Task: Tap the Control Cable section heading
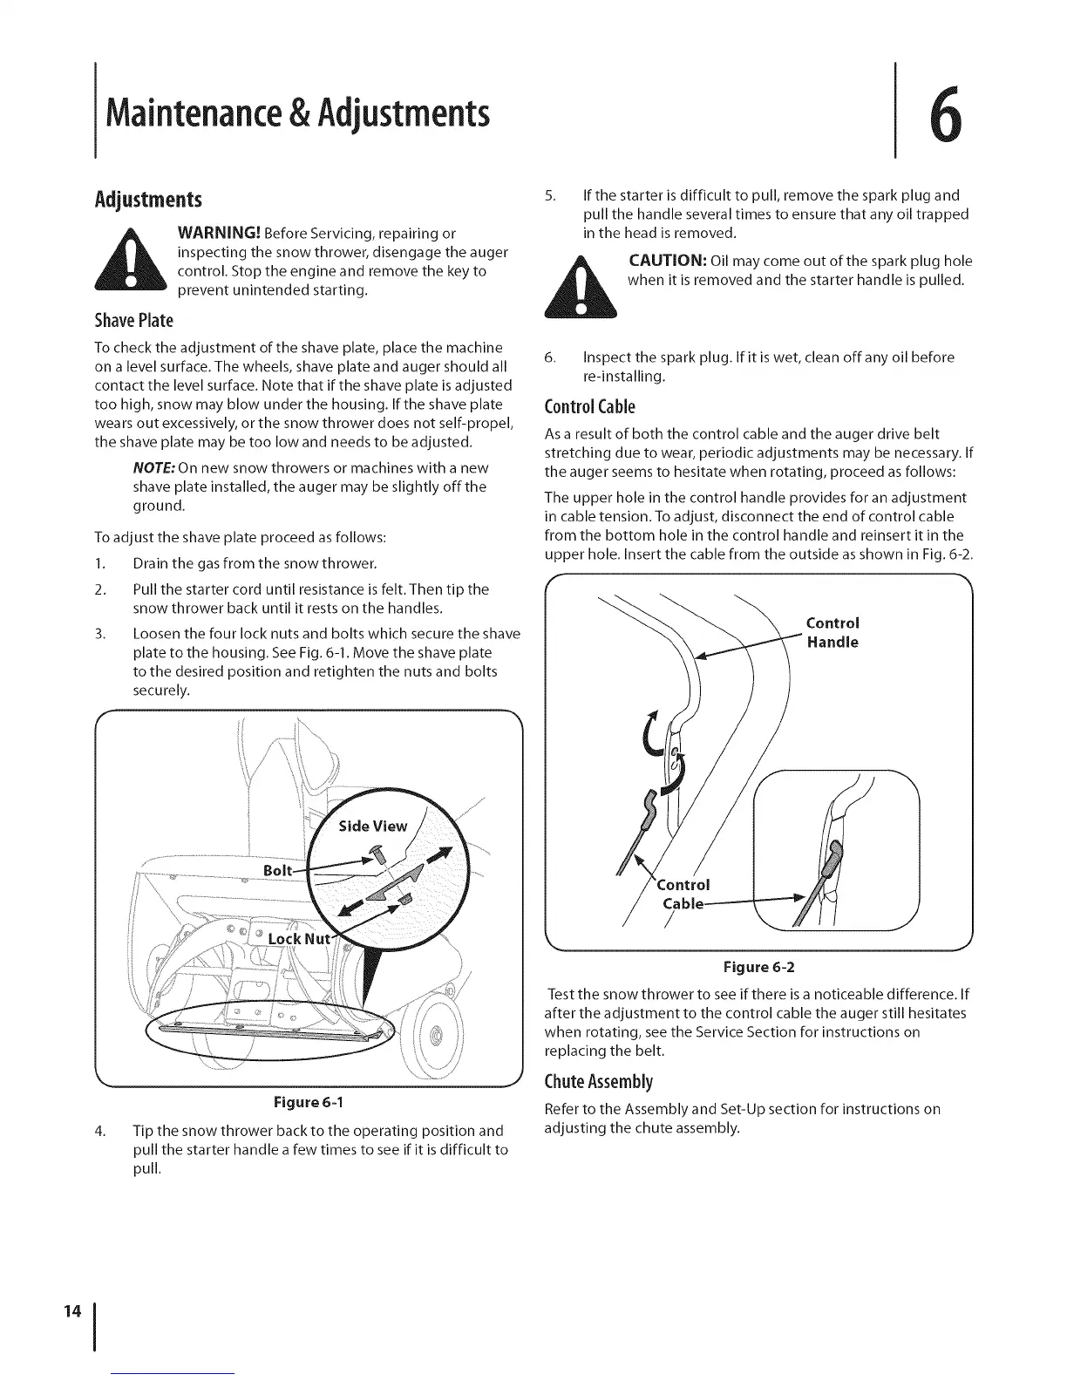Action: [589, 406]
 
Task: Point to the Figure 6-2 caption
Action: [759, 967]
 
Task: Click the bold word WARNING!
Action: [217, 233]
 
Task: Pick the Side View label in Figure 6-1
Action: [372, 826]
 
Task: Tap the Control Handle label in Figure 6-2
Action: [833, 632]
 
